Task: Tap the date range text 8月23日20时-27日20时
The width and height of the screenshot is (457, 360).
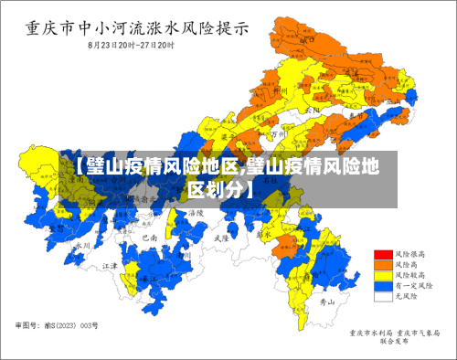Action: click(x=132, y=44)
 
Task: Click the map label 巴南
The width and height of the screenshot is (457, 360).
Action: click(x=150, y=237)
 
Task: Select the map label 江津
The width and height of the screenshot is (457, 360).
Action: click(x=110, y=265)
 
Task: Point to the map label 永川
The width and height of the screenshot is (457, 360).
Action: click(x=80, y=245)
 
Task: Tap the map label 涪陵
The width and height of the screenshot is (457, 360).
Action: click(x=196, y=212)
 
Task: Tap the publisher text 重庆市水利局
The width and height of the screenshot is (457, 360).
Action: click(x=370, y=333)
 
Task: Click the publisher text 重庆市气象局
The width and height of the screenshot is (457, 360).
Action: click(x=416, y=333)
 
